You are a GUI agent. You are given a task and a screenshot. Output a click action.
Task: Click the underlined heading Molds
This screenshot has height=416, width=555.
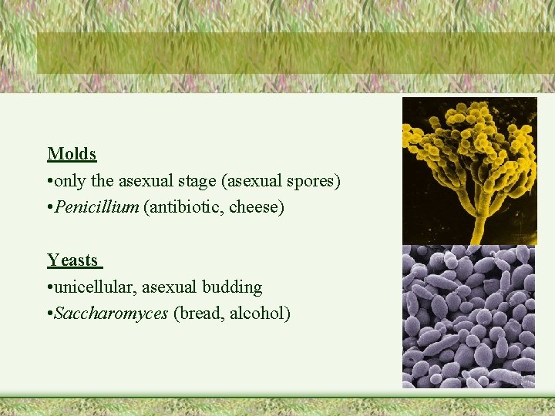[72, 154]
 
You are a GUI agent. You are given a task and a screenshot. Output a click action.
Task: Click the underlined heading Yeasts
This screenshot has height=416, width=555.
[72, 260]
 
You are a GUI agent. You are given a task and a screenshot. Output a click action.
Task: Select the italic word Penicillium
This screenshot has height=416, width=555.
[97, 207]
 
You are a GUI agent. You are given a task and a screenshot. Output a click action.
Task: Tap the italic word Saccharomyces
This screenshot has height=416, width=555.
[112, 314]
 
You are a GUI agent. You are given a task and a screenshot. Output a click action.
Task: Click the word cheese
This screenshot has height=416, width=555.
[255, 207]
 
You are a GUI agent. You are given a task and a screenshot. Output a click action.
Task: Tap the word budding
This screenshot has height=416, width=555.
[232, 287]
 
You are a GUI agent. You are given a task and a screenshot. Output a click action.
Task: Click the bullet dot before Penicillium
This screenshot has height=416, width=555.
[50, 208]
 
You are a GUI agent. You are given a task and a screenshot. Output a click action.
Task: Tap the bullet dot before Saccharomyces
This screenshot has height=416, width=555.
[50, 314]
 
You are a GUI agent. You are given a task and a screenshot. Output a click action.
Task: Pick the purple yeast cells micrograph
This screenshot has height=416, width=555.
[469, 316]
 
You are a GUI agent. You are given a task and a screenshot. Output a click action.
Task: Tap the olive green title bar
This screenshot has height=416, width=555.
[295, 52]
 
